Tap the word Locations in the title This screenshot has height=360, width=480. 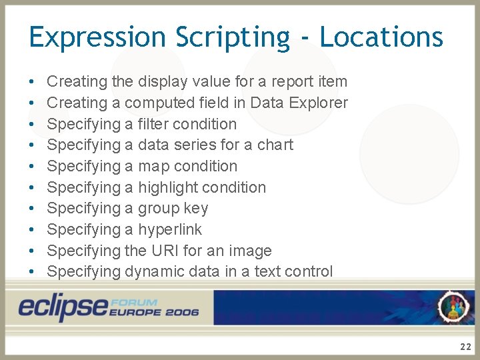click(x=381, y=37)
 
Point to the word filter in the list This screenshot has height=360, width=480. click(x=153, y=124)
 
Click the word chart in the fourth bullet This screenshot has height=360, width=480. click(x=275, y=145)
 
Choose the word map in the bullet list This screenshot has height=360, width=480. click(x=153, y=166)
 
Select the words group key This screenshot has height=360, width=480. click(x=173, y=208)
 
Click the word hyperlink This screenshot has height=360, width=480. click(x=169, y=229)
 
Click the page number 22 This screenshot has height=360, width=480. click(x=465, y=347)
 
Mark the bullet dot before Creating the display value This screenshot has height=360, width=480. click(x=33, y=82)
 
